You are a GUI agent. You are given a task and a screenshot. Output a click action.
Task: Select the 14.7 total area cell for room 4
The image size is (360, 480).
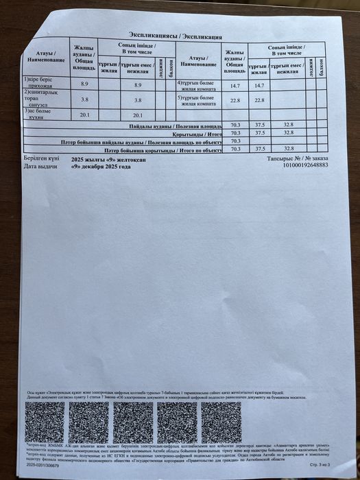(x=234, y=86)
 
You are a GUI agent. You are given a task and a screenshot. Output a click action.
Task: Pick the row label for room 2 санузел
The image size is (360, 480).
(x=40, y=98)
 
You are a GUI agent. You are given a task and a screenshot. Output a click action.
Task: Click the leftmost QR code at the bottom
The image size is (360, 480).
(x=46, y=423)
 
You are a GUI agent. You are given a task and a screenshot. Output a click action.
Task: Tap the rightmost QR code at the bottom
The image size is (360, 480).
(x=220, y=422)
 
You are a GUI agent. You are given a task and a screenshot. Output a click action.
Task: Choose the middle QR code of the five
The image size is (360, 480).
(x=133, y=422)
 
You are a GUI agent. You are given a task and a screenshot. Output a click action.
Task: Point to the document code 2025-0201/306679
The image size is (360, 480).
(x=43, y=465)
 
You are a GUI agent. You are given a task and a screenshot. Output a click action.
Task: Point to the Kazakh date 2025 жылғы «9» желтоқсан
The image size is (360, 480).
(x=109, y=158)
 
